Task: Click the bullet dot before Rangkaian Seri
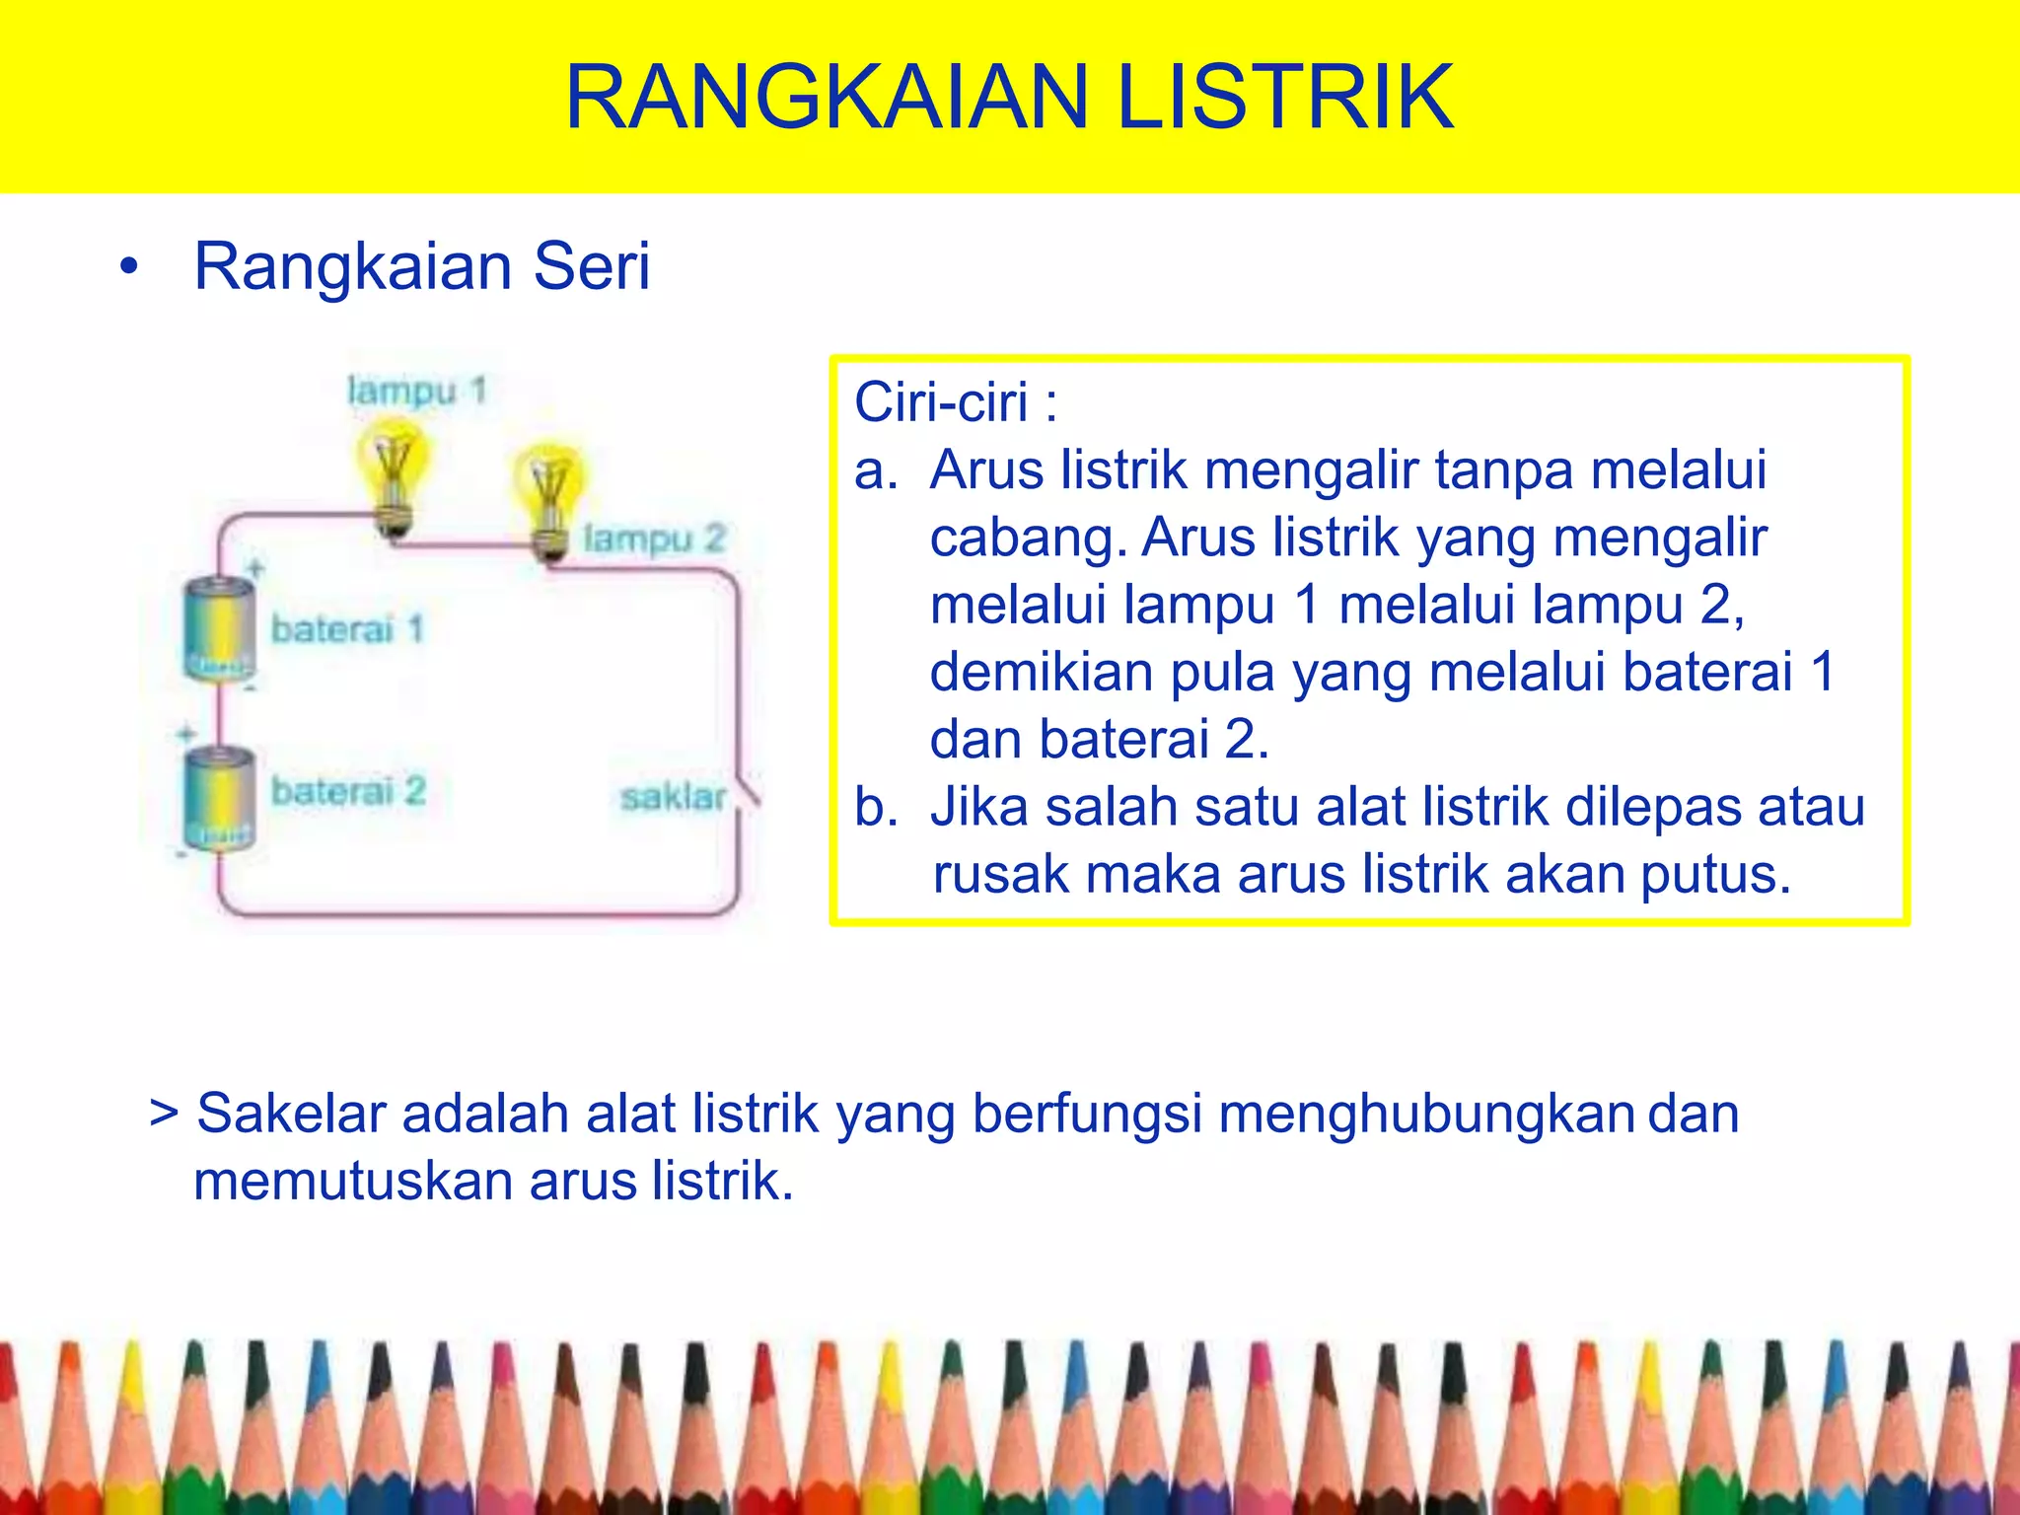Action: pos(128,267)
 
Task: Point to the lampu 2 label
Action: pos(654,539)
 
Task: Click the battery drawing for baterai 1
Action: pos(219,629)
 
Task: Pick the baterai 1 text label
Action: pos(346,628)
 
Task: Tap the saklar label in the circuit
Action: pos(673,797)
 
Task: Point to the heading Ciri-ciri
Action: pos(955,402)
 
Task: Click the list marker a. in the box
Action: pos(876,470)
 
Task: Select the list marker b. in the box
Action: pos(876,807)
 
